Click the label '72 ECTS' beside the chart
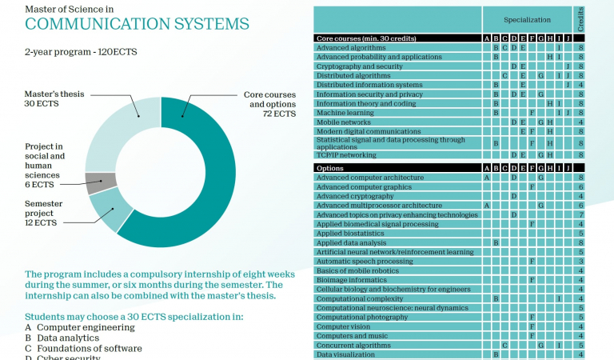pyautogui.click(x=279, y=114)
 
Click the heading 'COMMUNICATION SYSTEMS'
pyautogui.click(x=137, y=24)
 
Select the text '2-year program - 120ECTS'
pyautogui.click(x=81, y=52)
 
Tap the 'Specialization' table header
pyautogui.click(x=527, y=20)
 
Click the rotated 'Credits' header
pyautogui.click(x=580, y=18)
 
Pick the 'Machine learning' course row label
pyautogui.click(x=345, y=113)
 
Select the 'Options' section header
pyautogui.click(x=331, y=168)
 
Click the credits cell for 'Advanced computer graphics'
pyautogui.click(x=581, y=186)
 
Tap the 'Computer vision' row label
pyautogui.click(x=344, y=326)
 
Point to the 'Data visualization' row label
pyautogui.click(x=347, y=354)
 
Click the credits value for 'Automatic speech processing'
pyautogui.click(x=581, y=262)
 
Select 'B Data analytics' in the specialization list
pyautogui.click(x=62, y=338)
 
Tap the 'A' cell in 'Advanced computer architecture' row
pyautogui.click(x=487, y=177)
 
